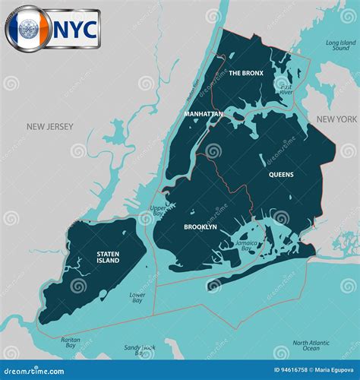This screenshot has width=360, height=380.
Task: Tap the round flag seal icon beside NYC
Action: coord(29,29)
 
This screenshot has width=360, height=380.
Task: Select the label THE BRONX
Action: coord(245,73)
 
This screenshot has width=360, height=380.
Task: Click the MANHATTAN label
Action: coord(204,114)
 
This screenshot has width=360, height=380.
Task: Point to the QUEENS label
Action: coord(281,175)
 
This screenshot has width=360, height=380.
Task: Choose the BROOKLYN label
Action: coord(201,226)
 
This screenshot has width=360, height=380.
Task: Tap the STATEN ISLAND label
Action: coord(108,257)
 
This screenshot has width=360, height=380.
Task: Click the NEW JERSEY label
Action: coord(49,127)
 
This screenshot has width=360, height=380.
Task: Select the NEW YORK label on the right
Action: coord(336,120)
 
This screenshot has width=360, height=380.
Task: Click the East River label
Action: coord(286,90)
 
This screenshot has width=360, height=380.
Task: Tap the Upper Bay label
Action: coord(158,210)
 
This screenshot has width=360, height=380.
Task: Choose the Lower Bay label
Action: coord(137,297)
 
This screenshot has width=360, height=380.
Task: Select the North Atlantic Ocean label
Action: coord(311,345)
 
